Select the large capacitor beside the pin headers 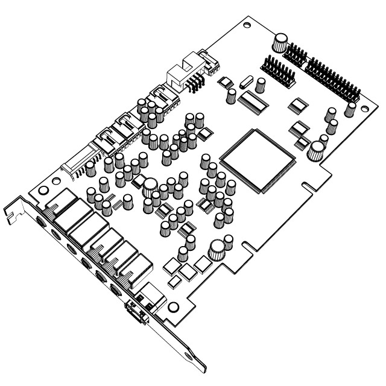click(x=280, y=42)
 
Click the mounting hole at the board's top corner click(x=247, y=26)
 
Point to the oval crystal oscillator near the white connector click(x=247, y=81)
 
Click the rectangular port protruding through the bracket click(x=135, y=313)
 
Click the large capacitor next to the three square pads click(x=217, y=248)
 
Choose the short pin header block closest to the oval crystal click(x=274, y=72)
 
